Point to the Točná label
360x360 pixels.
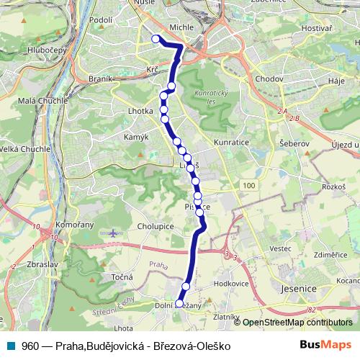(x=120, y=277)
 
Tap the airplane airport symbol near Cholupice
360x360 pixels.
(x=114, y=233)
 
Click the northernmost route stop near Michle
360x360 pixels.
(x=156, y=40)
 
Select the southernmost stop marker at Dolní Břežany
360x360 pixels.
(x=179, y=304)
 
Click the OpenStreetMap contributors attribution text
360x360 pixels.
(x=297, y=323)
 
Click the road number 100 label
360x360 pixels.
(x=249, y=186)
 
